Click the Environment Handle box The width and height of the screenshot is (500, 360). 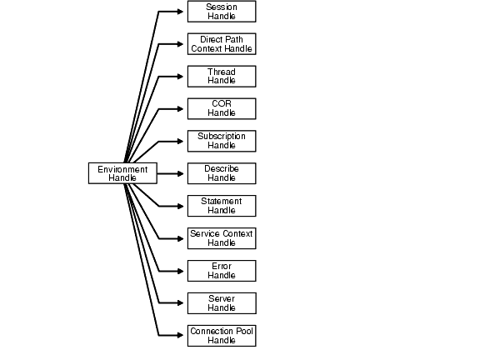pos(122,173)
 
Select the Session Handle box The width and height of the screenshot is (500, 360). pos(221,12)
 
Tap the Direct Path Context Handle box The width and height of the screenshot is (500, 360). pos(221,44)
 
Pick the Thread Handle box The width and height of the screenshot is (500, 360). pos(221,77)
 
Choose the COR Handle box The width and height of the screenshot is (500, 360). pos(221,108)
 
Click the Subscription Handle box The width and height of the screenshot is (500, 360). pos(221,141)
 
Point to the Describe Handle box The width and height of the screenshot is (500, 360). pos(221,173)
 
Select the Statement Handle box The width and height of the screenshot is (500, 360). pos(221,206)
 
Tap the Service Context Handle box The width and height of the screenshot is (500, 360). pos(221,238)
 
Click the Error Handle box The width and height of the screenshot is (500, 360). pos(221,271)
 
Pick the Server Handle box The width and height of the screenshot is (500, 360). pos(221,303)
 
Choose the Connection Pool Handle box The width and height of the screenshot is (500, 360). pos(221,336)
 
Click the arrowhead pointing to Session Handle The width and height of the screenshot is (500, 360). pos(181,12)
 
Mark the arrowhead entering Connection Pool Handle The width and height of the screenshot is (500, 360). pos(181,336)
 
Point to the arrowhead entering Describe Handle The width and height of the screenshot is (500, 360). pos(181,173)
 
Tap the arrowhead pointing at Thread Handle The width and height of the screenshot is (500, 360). pos(181,77)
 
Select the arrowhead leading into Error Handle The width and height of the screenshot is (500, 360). pos(181,271)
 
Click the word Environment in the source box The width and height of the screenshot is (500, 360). pos(122,169)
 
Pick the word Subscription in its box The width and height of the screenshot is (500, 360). pos(221,137)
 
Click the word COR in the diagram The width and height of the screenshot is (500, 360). pos(221,104)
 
